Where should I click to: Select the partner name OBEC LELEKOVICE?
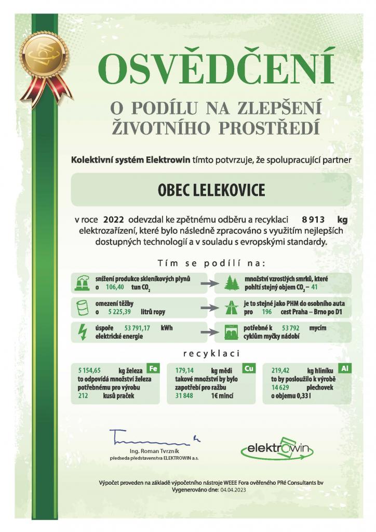click(x=211, y=190)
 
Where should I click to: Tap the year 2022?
click(x=114, y=219)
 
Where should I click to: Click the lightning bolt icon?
click(x=82, y=332)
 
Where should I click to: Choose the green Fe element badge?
click(x=153, y=368)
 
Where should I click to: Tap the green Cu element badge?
click(x=249, y=368)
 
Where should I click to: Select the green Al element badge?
click(x=344, y=368)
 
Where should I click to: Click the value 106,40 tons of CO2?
click(x=115, y=287)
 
